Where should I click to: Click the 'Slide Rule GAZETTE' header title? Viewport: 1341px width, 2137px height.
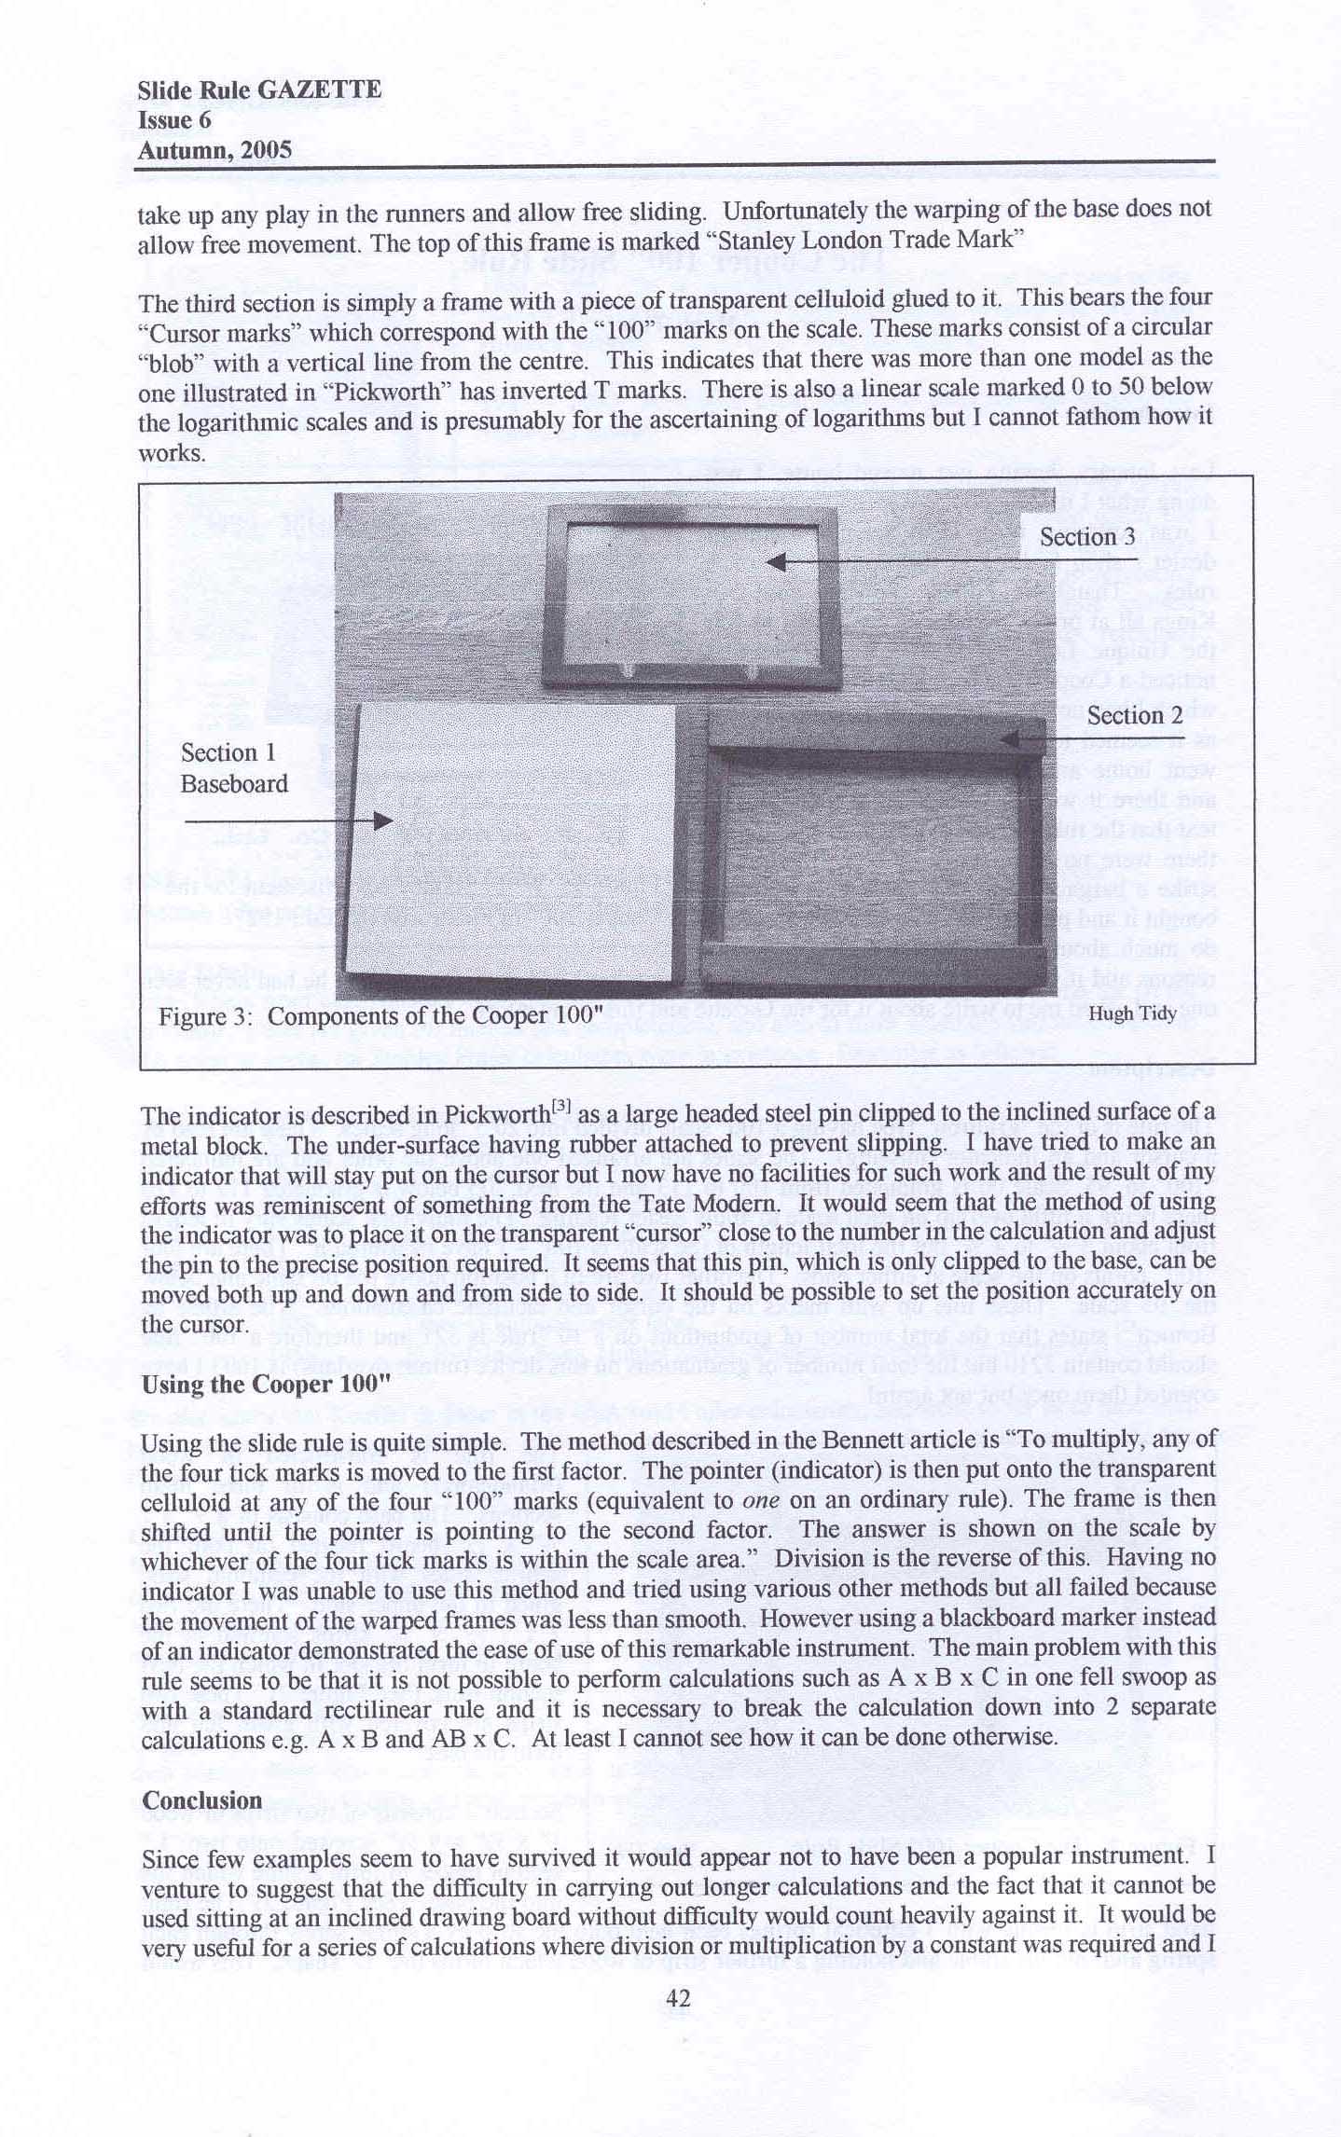[258, 90]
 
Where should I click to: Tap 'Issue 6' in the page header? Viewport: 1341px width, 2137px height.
[174, 120]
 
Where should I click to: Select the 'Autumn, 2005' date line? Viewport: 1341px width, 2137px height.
[214, 150]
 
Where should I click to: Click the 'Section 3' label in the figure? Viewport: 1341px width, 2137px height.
[1087, 537]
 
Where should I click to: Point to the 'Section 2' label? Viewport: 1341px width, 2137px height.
[1134, 716]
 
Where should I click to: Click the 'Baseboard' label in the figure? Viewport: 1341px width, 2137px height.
[234, 783]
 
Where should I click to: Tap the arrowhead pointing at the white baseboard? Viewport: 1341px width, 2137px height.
[382, 820]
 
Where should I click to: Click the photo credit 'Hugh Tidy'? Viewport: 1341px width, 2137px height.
[1132, 1013]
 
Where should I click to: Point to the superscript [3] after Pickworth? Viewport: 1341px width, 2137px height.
[561, 1108]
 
